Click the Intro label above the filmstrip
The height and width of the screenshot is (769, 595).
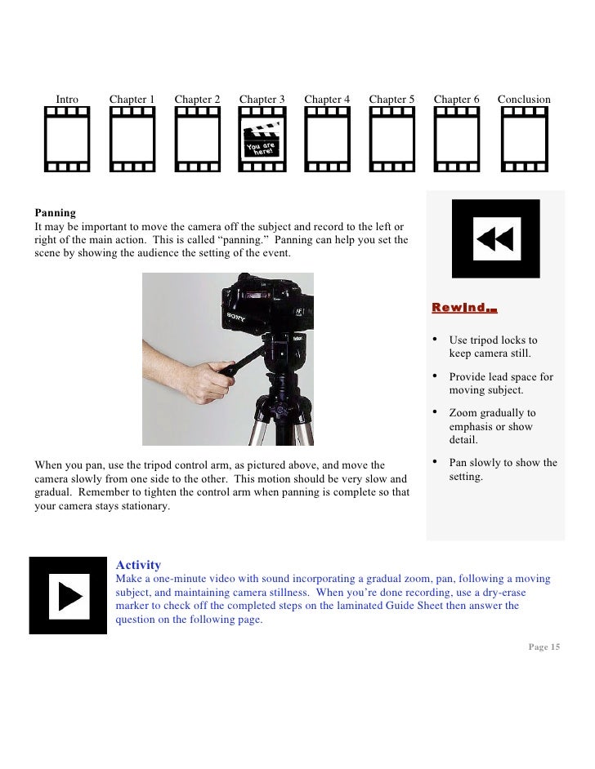(67, 100)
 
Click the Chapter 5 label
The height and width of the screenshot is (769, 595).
(391, 100)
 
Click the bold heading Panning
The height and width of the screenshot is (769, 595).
(56, 212)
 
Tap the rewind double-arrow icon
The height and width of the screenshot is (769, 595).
(495, 239)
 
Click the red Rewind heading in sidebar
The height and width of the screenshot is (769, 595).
(464, 308)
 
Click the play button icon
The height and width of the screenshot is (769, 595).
(69, 595)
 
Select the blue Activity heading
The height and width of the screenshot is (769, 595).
(138, 565)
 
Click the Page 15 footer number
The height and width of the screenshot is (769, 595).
(544, 647)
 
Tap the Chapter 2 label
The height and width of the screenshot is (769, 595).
(197, 100)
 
